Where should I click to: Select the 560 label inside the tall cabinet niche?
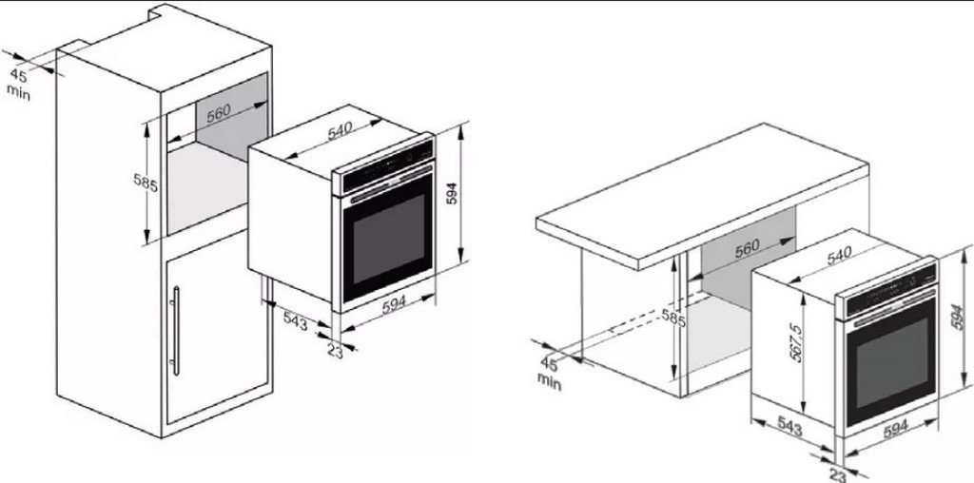220,111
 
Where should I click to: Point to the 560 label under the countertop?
748,249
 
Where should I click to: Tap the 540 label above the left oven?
341,132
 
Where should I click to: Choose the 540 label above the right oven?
838,255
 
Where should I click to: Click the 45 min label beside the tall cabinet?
19,83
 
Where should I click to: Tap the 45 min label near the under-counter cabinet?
549,373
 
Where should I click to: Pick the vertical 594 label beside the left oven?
452,193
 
